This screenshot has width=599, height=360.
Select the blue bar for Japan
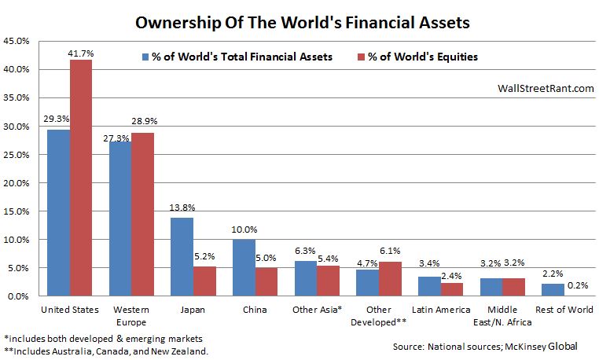(x=181, y=256)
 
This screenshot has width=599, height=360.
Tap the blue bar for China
(x=244, y=267)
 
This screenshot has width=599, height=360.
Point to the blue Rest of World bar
(x=553, y=289)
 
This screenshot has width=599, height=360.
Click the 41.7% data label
(x=82, y=53)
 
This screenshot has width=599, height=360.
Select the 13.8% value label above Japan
(x=181, y=209)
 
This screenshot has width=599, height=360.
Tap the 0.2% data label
(x=579, y=286)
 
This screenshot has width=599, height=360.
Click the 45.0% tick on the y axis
(x=17, y=41)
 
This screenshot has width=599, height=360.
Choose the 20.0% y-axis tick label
(x=17, y=183)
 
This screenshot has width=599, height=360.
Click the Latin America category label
(x=442, y=309)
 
